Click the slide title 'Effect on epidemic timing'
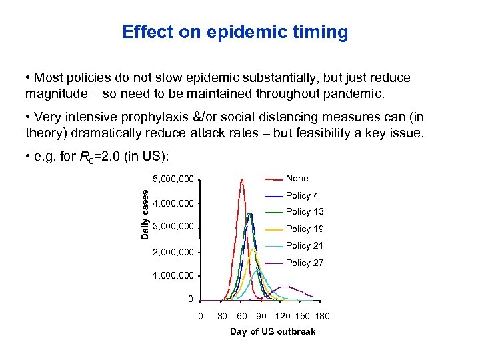coord(235,32)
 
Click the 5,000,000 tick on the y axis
coord(173,179)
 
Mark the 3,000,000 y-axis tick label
coord(173,227)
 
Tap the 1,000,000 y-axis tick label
coord(173,275)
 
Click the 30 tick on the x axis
coord(223,316)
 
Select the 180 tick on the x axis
coord(322,316)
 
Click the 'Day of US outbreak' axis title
coord(273,331)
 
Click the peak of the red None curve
coord(241,180)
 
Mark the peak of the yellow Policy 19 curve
coord(254,250)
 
